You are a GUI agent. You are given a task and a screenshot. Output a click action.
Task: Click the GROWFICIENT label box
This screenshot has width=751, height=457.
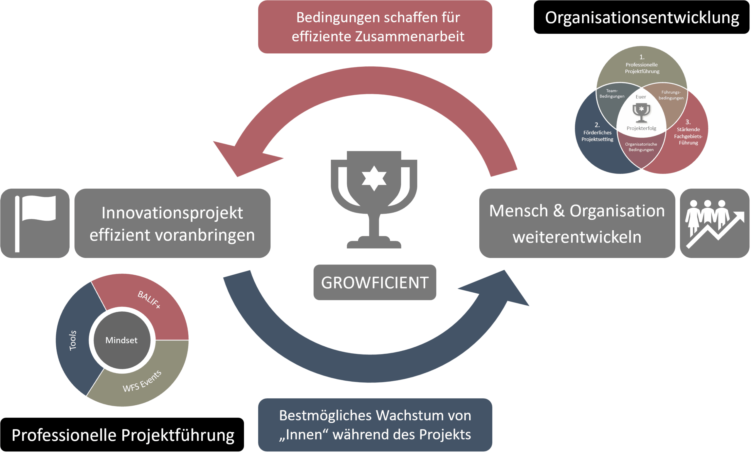coord(375,282)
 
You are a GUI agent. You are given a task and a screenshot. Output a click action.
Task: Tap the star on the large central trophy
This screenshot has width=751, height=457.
coord(374,178)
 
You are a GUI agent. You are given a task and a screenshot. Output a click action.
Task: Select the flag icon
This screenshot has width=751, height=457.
coord(35,223)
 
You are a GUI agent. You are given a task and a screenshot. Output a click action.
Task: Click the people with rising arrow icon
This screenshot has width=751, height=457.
coord(714,223)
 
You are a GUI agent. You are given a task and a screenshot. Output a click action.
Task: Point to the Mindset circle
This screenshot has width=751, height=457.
coord(122,340)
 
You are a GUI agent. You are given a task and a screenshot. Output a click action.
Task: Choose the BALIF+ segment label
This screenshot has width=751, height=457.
coord(149,299)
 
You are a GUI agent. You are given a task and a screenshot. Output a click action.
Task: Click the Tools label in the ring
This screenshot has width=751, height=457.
coord(73,340)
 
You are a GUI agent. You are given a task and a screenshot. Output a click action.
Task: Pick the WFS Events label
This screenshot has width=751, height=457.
coord(142,381)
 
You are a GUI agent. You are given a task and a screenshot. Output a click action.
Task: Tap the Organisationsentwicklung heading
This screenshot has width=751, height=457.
coord(642,18)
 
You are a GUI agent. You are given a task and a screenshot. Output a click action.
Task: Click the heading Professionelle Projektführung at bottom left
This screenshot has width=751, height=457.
coord(123,435)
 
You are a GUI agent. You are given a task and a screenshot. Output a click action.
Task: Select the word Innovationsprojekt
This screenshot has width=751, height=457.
coord(172,213)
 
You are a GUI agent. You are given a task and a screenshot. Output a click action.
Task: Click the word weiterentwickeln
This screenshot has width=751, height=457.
coord(577,237)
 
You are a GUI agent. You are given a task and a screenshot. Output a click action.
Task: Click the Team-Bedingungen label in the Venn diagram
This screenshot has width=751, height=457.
coord(612,94)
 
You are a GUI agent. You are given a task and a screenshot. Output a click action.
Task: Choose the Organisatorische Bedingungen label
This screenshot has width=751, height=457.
coord(641,147)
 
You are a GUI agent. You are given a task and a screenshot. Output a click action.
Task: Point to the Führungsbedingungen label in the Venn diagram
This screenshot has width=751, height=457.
coord(671,95)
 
